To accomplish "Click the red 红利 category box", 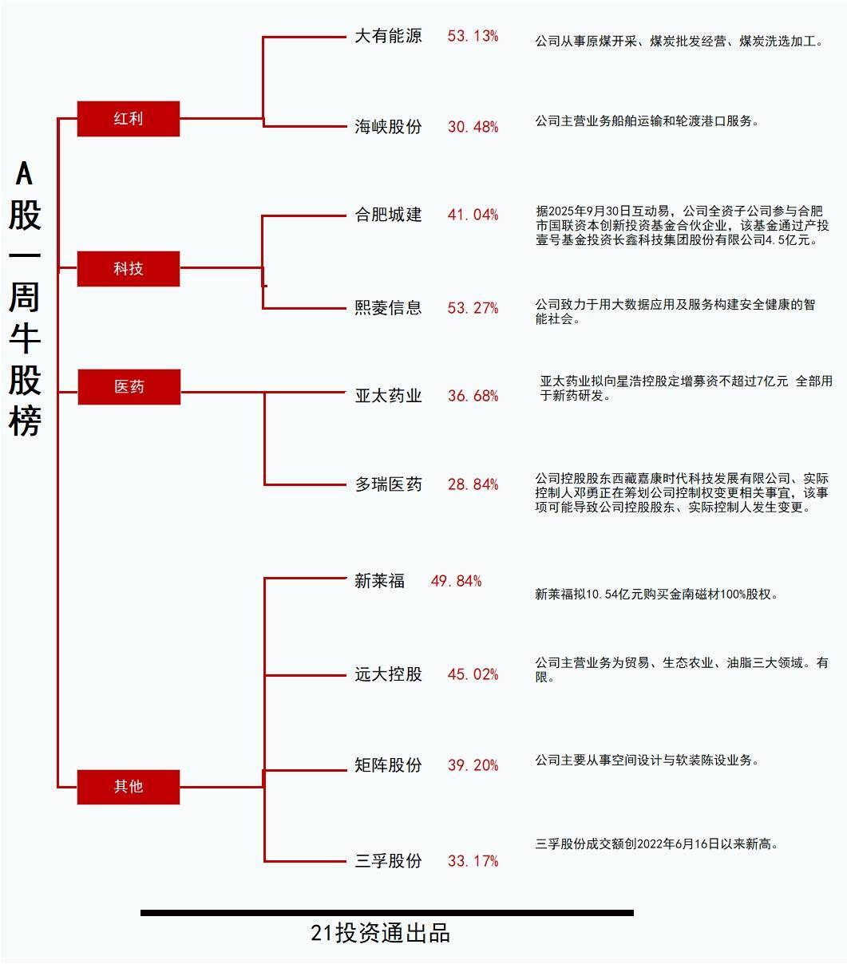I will pos(129,119).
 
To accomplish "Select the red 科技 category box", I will pos(129,269).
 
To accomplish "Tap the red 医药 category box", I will pos(129,387).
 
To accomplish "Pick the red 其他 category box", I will pos(129,787).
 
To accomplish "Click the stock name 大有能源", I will pos(388,36).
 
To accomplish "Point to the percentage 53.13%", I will pos(473,36).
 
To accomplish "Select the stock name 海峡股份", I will pos(388,127).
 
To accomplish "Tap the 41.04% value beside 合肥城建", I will pos(473,215).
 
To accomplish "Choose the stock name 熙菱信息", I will pos(388,308).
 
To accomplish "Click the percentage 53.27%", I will pos(473,308).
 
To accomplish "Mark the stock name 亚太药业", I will pos(388,396).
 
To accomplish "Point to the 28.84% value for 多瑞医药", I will pos(473,484).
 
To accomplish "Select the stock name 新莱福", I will pos(379,581).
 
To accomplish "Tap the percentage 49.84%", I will pos(456,581).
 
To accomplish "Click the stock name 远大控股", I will pos(388,674).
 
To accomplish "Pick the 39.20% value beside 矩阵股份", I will pos(473,765).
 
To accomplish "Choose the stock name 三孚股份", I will pos(388,861).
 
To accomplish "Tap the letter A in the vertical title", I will pos(25,172).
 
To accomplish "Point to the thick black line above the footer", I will pos(386,913).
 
